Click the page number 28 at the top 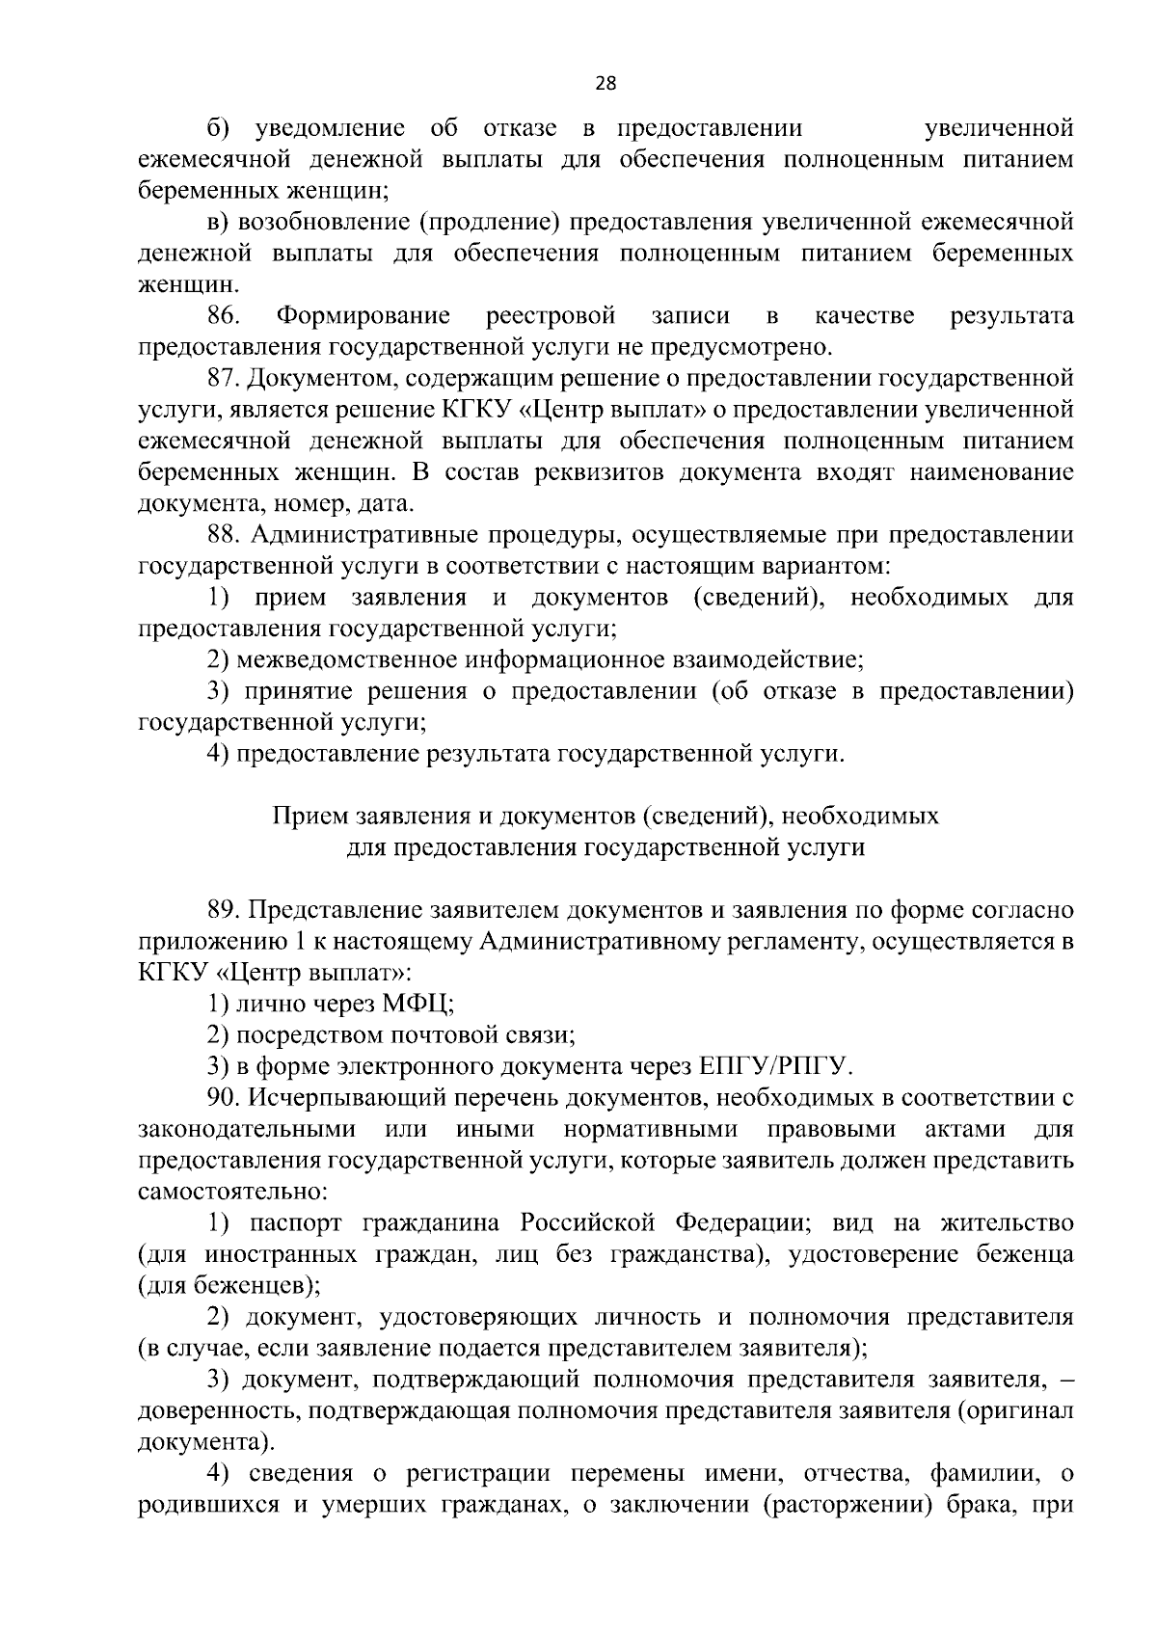pos(605,83)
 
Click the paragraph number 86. pos(224,315)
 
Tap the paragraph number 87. pos(224,378)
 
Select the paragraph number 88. pos(224,534)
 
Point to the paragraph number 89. pos(224,909)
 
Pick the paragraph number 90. pos(224,1097)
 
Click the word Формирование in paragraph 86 pos(363,315)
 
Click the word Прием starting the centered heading pos(300,816)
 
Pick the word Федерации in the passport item pos(740,1222)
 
